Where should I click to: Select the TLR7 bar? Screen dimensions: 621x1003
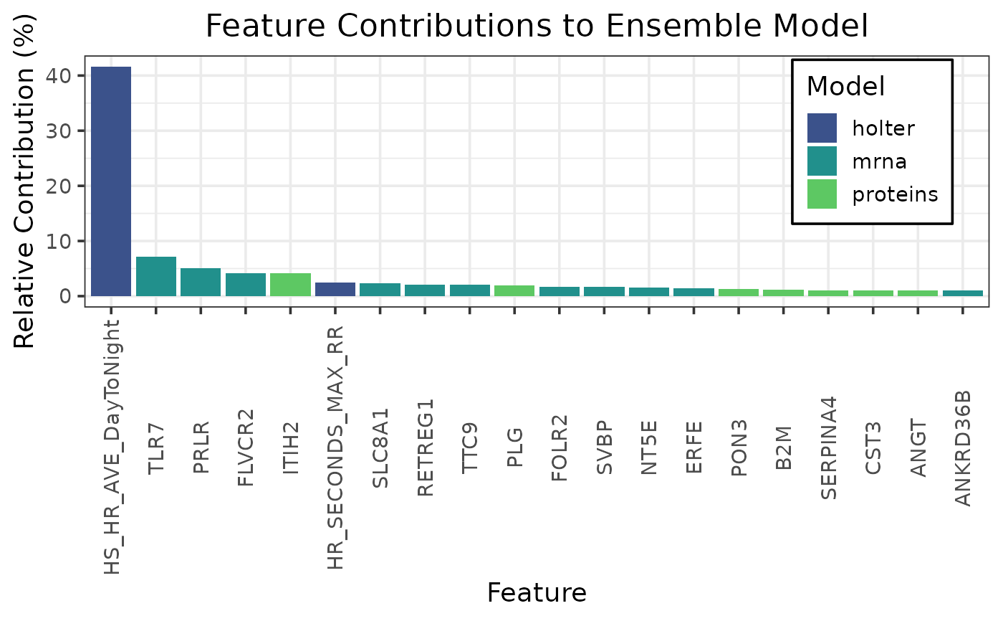[x=156, y=276]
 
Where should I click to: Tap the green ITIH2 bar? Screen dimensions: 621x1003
[x=290, y=285]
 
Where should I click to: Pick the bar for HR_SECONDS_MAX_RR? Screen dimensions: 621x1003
[x=335, y=289]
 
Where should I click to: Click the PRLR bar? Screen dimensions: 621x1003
[x=201, y=282]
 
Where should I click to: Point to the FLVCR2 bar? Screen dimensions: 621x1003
[x=246, y=285]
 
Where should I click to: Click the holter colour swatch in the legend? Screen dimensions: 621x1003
[x=822, y=128]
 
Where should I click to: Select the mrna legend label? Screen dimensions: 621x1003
[x=879, y=161]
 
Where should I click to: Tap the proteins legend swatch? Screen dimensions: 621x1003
[x=822, y=194]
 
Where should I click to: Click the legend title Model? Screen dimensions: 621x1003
[x=845, y=87]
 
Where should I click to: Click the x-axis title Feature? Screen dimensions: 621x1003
[x=537, y=592]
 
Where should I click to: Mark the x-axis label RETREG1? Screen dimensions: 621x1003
[x=425, y=447]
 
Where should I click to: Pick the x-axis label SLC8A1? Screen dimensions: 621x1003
[x=380, y=448]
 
